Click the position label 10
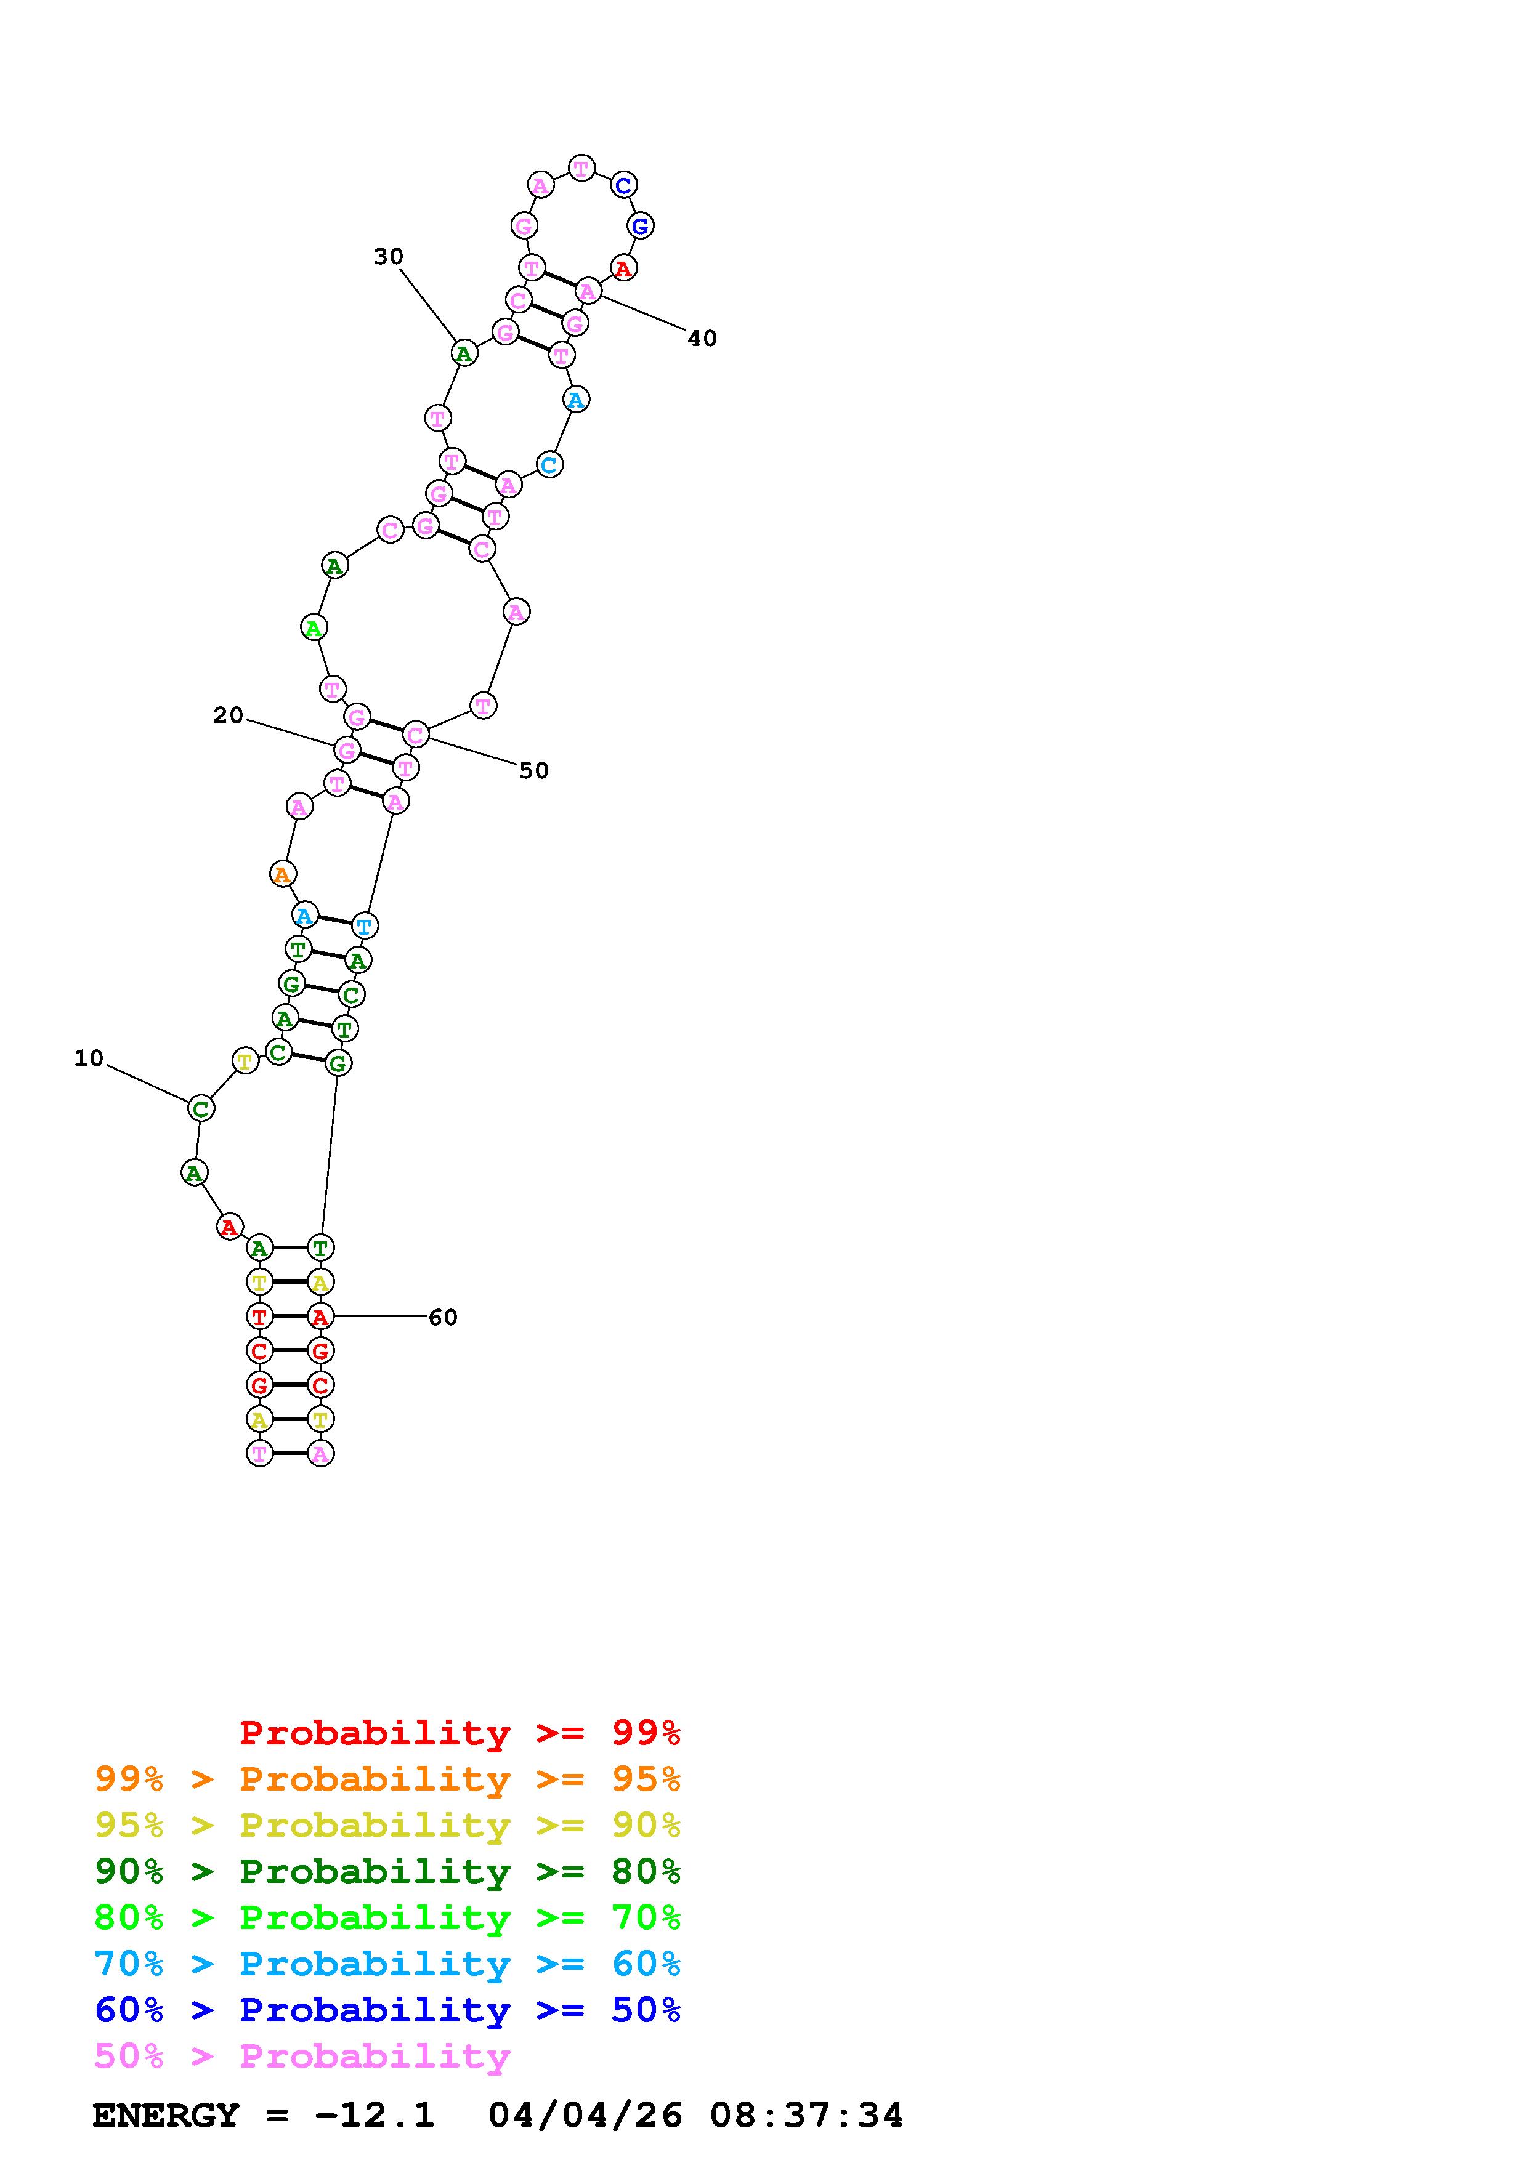click(89, 1058)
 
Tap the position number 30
click(389, 257)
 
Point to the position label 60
click(443, 1317)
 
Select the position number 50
click(533, 770)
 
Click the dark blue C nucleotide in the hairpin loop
click(623, 185)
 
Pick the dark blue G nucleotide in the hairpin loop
click(640, 226)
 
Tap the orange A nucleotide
click(282, 875)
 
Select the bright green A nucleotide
click(314, 627)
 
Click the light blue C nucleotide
click(549, 465)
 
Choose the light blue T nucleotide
click(364, 925)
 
